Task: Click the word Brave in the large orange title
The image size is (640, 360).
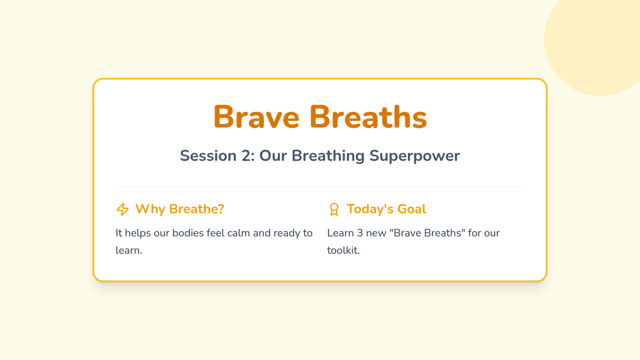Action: pos(257,117)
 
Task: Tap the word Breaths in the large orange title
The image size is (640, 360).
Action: pos(369,117)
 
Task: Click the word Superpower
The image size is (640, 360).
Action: pos(414,156)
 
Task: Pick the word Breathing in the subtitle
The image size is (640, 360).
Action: pos(328,156)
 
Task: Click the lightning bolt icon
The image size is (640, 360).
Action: pos(123,209)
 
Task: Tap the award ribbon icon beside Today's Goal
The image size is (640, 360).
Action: pos(334,209)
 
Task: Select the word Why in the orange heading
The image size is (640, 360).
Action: pos(150,210)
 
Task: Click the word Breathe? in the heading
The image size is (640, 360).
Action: pos(197,209)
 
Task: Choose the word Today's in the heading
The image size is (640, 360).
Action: pos(370,209)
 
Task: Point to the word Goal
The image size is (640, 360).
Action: pos(412,209)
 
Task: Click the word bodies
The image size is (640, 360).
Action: pos(188,233)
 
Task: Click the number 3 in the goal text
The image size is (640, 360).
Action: pos(360,233)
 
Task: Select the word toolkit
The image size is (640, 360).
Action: pos(343,250)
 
